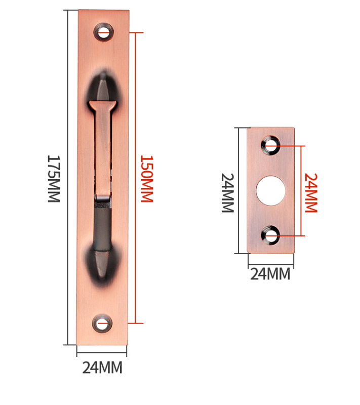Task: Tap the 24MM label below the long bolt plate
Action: pyautogui.click(x=102, y=368)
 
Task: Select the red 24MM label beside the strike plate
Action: pyautogui.click(x=310, y=192)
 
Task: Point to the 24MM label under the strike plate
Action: pyautogui.click(x=270, y=274)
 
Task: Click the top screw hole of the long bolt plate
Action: pyautogui.click(x=104, y=32)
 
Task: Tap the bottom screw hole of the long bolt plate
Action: pyautogui.click(x=102, y=323)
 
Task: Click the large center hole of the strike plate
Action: pyautogui.click(x=270, y=190)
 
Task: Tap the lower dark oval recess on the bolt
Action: pyautogui.click(x=102, y=258)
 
